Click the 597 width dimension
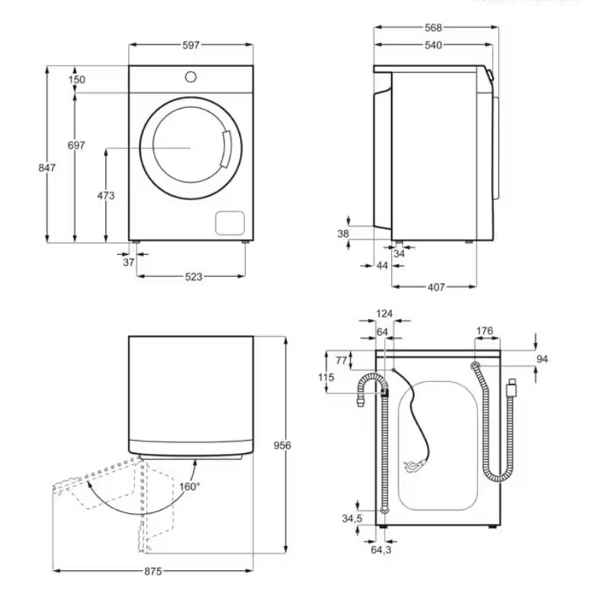click(x=190, y=46)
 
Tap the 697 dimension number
click(x=76, y=145)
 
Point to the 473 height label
click(x=106, y=196)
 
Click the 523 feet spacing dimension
click(x=193, y=277)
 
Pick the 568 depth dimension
click(x=432, y=27)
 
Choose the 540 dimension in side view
click(x=432, y=46)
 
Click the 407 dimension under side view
click(x=435, y=287)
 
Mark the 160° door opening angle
click(x=190, y=486)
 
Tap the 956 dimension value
click(x=282, y=445)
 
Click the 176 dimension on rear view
click(x=483, y=331)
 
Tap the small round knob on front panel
click(x=190, y=77)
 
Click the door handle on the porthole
click(x=224, y=148)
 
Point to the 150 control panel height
click(x=76, y=80)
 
